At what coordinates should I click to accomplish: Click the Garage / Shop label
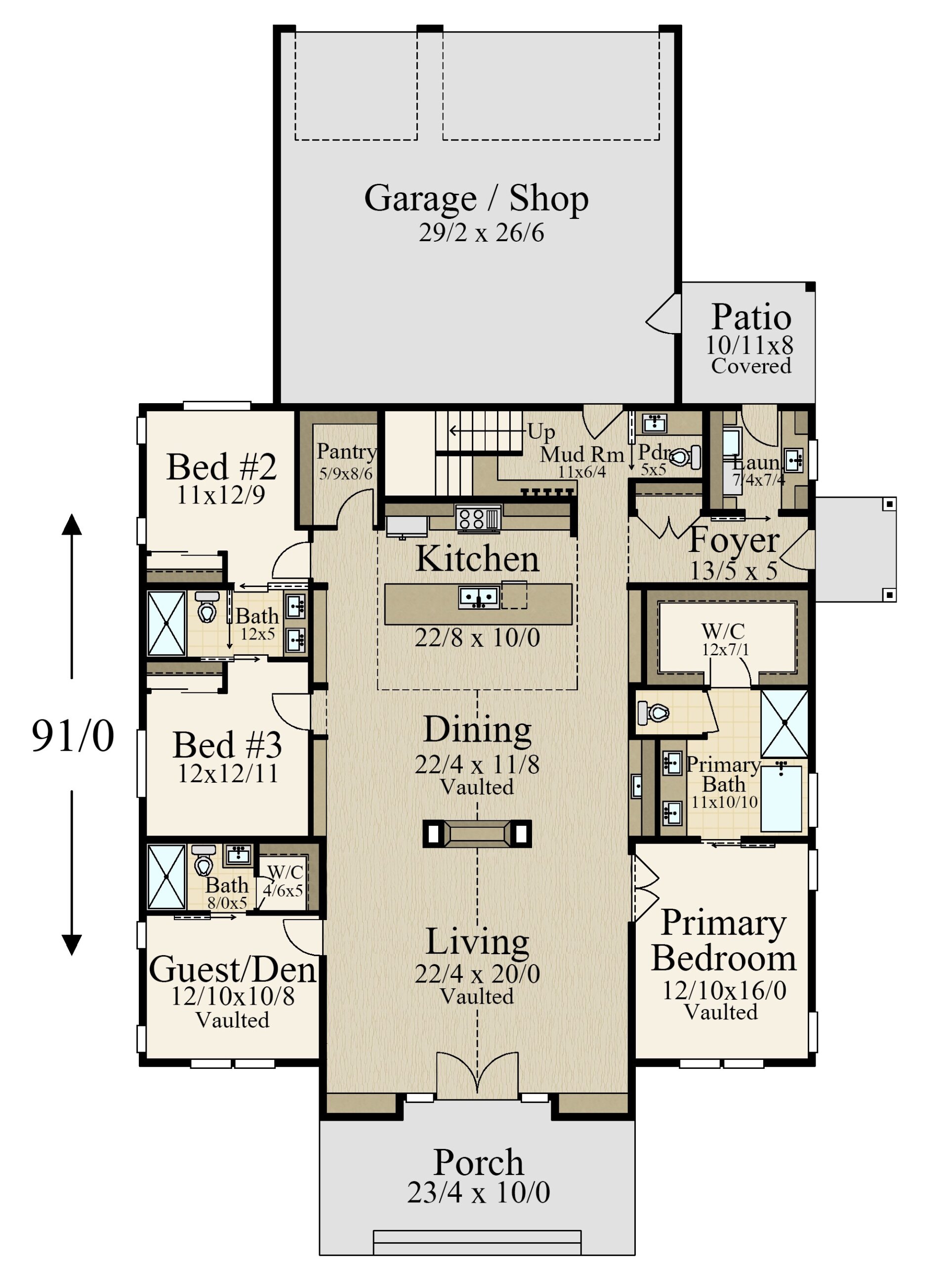[476, 199]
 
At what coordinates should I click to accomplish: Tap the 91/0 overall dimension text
[73, 735]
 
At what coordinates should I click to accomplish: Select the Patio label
[751, 317]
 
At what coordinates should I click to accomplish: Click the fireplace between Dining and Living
[477, 833]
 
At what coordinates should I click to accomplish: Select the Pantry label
[346, 452]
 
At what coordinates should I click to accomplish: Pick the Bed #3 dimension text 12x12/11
[228, 774]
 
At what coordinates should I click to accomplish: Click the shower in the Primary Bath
[784, 723]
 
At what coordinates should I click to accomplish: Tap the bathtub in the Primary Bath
[781, 799]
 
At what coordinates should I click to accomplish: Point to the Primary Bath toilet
[653, 713]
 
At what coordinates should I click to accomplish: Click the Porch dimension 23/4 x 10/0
[479, 1193]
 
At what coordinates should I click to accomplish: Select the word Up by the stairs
[541, 432]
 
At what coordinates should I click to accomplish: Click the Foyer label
[734, 541]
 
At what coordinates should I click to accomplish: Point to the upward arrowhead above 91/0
[72, 524]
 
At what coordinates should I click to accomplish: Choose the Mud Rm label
[582, 455]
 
